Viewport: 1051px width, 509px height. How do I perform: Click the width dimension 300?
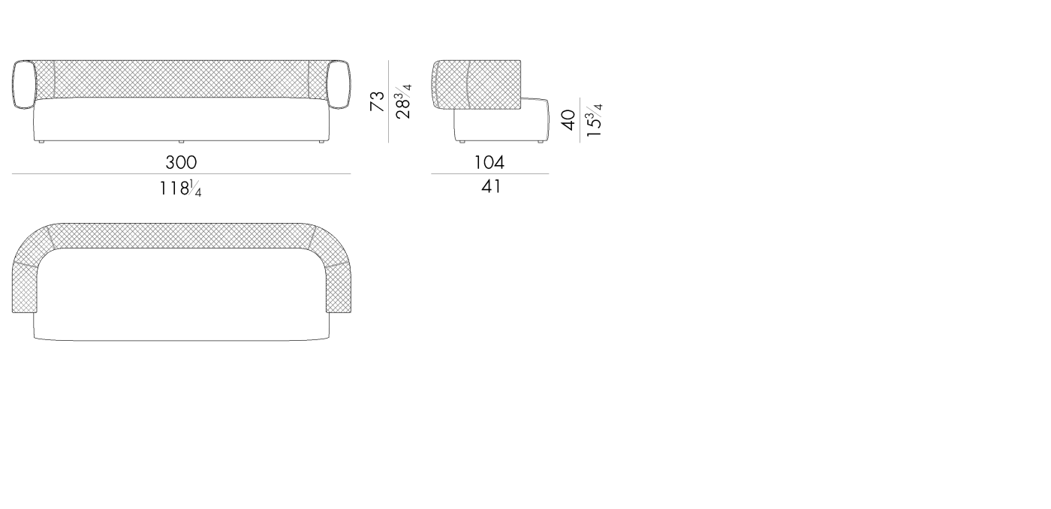(x=181, y=162)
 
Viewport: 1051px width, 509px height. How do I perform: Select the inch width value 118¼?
(x=181, y=188)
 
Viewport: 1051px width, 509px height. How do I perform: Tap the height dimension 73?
(x=377, y=101)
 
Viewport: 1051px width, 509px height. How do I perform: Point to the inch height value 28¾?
(x=403, y=102)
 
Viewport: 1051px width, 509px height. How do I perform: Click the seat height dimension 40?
(x=568, y=120)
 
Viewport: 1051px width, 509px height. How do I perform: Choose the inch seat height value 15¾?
(x=594, y=121)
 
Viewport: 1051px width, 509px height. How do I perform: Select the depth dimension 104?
(x=489, y=162)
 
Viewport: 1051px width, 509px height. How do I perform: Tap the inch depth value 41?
(x=491, y=187)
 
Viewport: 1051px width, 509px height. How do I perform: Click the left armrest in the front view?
(x=24, y=85)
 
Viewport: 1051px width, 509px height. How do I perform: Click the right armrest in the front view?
(x=339, y=85)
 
